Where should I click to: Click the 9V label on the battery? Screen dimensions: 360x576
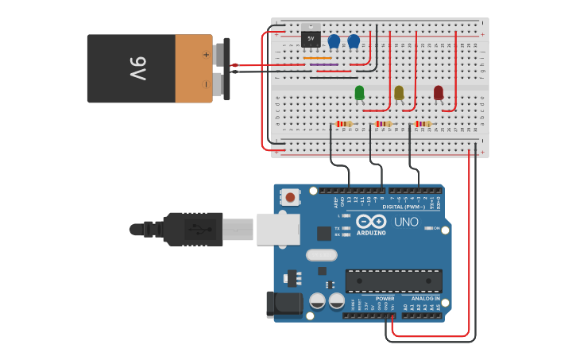click(137, 68)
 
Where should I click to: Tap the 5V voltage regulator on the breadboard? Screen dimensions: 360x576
click(311, 37)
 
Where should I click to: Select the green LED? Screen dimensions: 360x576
click(359, 93)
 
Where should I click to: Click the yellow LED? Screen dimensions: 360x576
click(399, 93)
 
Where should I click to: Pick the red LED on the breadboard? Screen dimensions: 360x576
click(439, 93)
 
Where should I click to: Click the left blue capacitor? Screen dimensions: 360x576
click(334, 41)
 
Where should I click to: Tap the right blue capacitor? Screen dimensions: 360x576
click(354, 41)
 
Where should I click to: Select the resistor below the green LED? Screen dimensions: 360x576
click(344, 124)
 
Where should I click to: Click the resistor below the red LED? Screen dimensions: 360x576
click(423, 124)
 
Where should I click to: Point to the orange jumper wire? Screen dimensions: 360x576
click(318, 58)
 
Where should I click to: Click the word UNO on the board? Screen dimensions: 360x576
click(406, 222)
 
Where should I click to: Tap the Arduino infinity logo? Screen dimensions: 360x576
click(370, 221)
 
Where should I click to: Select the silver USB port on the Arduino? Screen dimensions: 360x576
click(278, 229)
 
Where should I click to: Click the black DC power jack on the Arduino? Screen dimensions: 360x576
click(286, 303)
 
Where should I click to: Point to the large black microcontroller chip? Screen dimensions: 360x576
click(393, 281)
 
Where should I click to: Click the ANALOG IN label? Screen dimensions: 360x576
click(425, 299)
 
